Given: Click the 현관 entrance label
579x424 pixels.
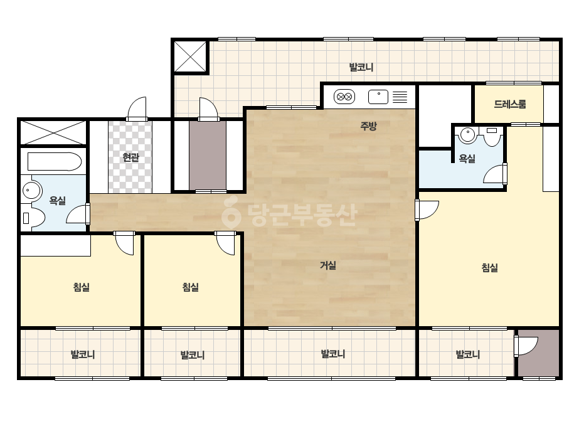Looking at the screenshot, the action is (130, 157).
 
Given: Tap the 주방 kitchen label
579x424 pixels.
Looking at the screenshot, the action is (368, 126).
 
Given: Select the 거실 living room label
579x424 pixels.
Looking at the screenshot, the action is (328, 265).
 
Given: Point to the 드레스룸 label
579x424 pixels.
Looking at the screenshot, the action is (510, 104).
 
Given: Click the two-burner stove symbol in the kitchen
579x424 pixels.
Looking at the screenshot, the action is (344, 97).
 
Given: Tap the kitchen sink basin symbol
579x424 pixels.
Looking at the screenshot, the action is (378, 97).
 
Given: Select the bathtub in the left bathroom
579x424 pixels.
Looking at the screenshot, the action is (55, 161).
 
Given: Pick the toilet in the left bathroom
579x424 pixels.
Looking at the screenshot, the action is (33, 218).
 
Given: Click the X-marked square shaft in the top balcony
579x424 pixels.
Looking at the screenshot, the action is (190, 56).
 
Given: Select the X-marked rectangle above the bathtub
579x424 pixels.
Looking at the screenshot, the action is (53, 132).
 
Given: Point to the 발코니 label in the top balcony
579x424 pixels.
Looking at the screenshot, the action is (361, 67).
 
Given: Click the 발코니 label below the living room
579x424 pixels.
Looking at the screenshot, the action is (333, 354).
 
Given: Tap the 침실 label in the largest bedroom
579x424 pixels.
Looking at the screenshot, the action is (490, 267).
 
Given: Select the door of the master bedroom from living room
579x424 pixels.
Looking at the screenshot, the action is (427, 209).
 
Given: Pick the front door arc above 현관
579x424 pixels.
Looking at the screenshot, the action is (137, 109).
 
